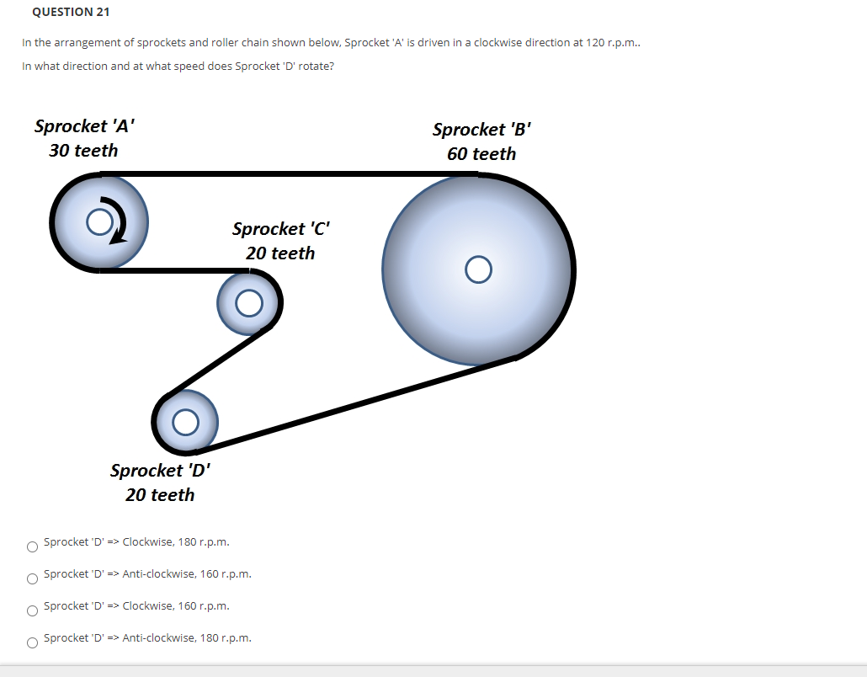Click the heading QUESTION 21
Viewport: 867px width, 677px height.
pos(71,12)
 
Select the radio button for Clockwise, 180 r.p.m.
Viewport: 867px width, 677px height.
pos(32,546)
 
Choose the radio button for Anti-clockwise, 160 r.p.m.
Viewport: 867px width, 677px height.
pos(32,578)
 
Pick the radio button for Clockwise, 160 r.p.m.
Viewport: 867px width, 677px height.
pos(32,610)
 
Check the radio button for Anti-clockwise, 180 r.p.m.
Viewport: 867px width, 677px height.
pos(32,642)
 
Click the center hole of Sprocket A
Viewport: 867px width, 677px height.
pos(99,221)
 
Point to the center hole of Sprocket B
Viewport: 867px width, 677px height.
pos(478,269)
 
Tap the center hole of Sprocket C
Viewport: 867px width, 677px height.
pos(248,303)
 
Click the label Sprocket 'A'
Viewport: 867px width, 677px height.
pos(84,126)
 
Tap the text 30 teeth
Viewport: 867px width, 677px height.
pos(83,151)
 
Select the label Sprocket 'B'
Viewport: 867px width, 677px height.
pos(481,130)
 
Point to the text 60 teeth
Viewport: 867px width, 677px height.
pos(481,154)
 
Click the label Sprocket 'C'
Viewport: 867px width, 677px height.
pos(281,229)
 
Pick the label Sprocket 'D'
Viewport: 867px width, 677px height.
pos(160,471)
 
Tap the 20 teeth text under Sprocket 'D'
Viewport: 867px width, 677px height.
pos(160,495)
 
